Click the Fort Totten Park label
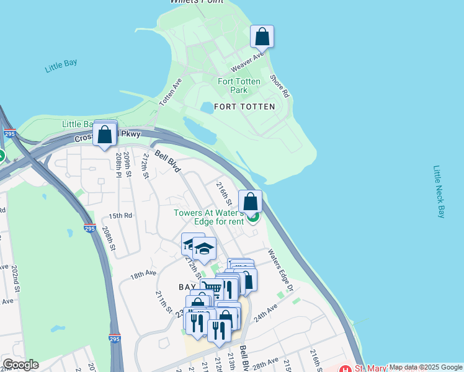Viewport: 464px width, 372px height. pos(239,86)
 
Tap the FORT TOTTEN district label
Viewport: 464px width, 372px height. pos(244,107)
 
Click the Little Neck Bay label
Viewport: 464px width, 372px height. pos(439,192)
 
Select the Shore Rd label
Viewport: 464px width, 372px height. pos(279,87)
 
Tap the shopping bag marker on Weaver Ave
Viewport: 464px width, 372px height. pos(262,37)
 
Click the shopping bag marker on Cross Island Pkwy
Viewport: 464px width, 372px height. pos(105,134)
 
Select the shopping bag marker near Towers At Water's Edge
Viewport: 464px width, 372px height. pos(250,201)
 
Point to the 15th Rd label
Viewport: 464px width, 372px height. pos(121,216)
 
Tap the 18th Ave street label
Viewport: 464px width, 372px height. pos(143,273)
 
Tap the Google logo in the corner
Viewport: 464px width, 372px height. pos(20,365)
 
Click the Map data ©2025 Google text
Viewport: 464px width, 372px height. pos(425,367)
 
